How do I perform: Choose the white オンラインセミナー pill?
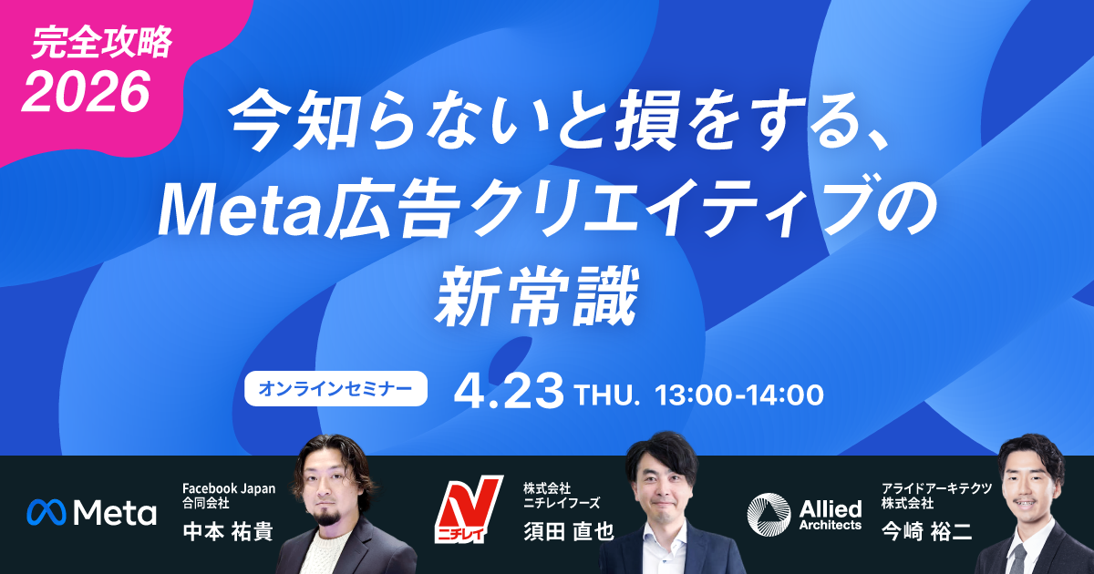[336, 388]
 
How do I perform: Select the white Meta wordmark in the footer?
[115, 513]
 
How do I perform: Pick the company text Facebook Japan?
[229, 488]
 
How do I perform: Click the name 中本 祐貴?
[228, 530]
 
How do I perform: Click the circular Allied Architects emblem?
[767, 513]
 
